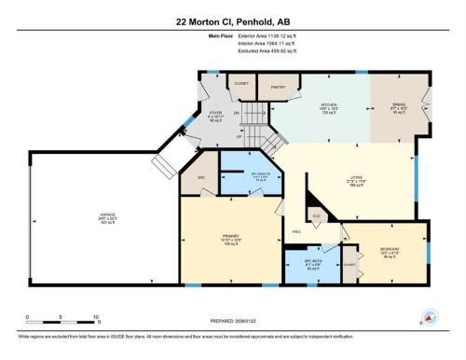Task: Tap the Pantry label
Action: (277, 87)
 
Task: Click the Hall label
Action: (296, 230)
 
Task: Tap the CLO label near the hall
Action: (317, 215)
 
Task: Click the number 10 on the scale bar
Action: (96, 317)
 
